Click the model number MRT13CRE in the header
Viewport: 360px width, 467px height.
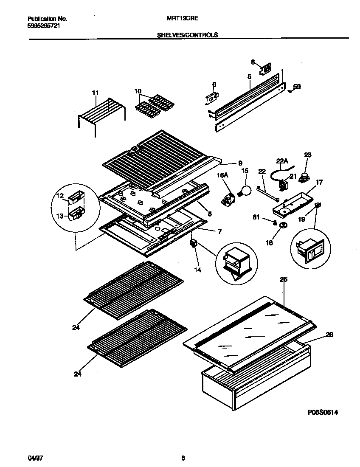pos(180,19)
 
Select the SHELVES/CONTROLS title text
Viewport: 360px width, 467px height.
pos(187,35)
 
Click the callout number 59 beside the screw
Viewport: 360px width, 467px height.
pos(297,87)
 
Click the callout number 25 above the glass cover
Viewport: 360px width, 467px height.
pos(283,279)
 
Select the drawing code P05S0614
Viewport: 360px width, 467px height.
pos(322,412)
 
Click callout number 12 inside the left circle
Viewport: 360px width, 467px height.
pos(60,196)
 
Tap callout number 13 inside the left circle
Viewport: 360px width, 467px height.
pos(60,216)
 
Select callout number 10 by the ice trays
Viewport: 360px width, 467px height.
pos(138,91)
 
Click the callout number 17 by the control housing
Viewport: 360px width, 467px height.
pos(319,183)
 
